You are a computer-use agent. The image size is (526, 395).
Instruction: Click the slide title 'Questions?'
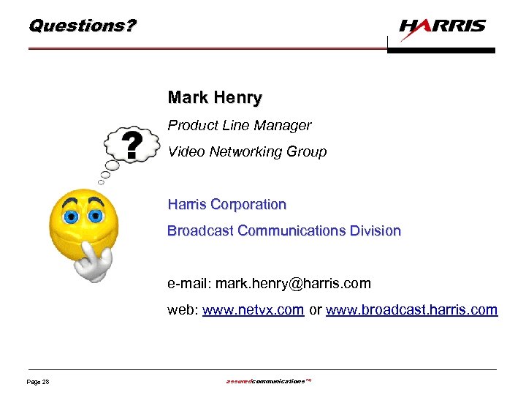pos(82,26)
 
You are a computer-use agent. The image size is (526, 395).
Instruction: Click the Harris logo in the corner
pos(443,27)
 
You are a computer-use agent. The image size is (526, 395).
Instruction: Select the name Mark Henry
pos(215,97)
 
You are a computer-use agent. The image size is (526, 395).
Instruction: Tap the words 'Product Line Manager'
pos(240,126)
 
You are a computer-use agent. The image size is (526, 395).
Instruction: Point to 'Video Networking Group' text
pos(247,152)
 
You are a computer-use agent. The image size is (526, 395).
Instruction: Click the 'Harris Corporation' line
pos(227,205)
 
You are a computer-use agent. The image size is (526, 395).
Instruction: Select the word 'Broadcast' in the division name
pos(200,231)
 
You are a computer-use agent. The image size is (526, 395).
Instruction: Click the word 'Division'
pos(376,231)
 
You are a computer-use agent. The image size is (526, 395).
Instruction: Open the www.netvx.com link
pos(253,310)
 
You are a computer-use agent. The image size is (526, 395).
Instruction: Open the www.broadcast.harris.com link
pos(411,310)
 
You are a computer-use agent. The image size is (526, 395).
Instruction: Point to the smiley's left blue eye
pos(71,217)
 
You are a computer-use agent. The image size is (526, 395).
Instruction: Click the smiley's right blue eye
pos(95,217)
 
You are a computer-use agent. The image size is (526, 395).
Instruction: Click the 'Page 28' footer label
pos(37,382)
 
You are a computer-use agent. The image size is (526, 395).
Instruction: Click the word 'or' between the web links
pos(315,310)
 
